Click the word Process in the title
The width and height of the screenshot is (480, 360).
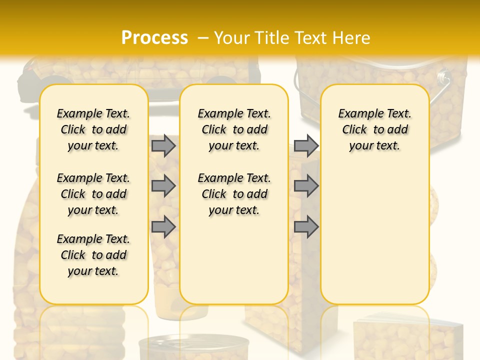tap(154, 38)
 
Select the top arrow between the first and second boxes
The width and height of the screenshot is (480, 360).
tap(163, 145)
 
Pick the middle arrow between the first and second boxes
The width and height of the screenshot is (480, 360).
tap(163, 186)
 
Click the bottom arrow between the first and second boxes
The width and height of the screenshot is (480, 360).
tap(163, 226)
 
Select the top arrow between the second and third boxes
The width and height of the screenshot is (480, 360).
tap(306, 145)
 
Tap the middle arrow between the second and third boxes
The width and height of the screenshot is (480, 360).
tap(306, 186)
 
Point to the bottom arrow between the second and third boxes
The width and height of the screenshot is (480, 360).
tap(306, 226)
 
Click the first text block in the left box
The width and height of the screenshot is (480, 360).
tap(93, 129)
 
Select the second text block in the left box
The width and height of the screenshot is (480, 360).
tap(93, 194)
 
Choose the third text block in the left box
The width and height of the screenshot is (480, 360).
tap(93, 255)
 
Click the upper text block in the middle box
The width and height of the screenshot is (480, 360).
tap(234, 129)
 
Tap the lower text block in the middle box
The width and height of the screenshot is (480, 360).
tap(234, 194)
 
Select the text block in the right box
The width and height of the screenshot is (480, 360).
tap(375, 129)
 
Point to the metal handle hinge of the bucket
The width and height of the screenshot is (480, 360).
tap(442, 77)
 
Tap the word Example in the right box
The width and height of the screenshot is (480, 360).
tap(358, 114)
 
